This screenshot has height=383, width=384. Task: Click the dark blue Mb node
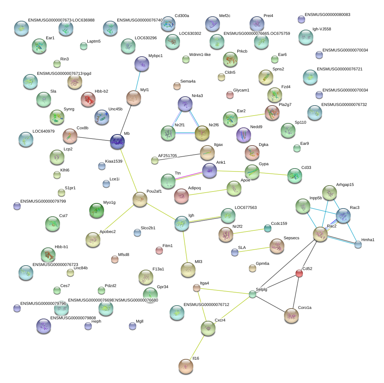pyautogui.click(x=117, y=142)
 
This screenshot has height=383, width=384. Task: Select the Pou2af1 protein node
pyautogui.click(x=140, y=199)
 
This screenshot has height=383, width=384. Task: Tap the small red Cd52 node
pyautogui.click(x=299, y=273)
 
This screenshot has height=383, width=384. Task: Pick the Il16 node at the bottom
pyautogui.click(x=186, y=366)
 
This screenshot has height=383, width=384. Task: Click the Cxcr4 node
pyautogui.click(x=208, y=328)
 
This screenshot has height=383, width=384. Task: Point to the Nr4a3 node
pyautogui.click(x=185, y=104)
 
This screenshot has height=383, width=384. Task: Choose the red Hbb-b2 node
pyautogui.click(x=88, y=99)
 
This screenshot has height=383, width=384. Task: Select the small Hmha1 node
pyautogui.click(x=358, y=244)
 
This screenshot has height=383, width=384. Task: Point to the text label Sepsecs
pyautogui.click(x=291, y=238)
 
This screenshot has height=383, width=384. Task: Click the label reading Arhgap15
pyautogui.click(x=345, y=184)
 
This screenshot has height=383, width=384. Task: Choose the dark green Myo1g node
pyautogui.click(x=97, y=211)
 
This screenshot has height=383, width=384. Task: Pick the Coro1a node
pyautogui.click(x=291, y=316)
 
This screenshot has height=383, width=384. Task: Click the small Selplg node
pyautogui.click(x=253, y=294)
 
